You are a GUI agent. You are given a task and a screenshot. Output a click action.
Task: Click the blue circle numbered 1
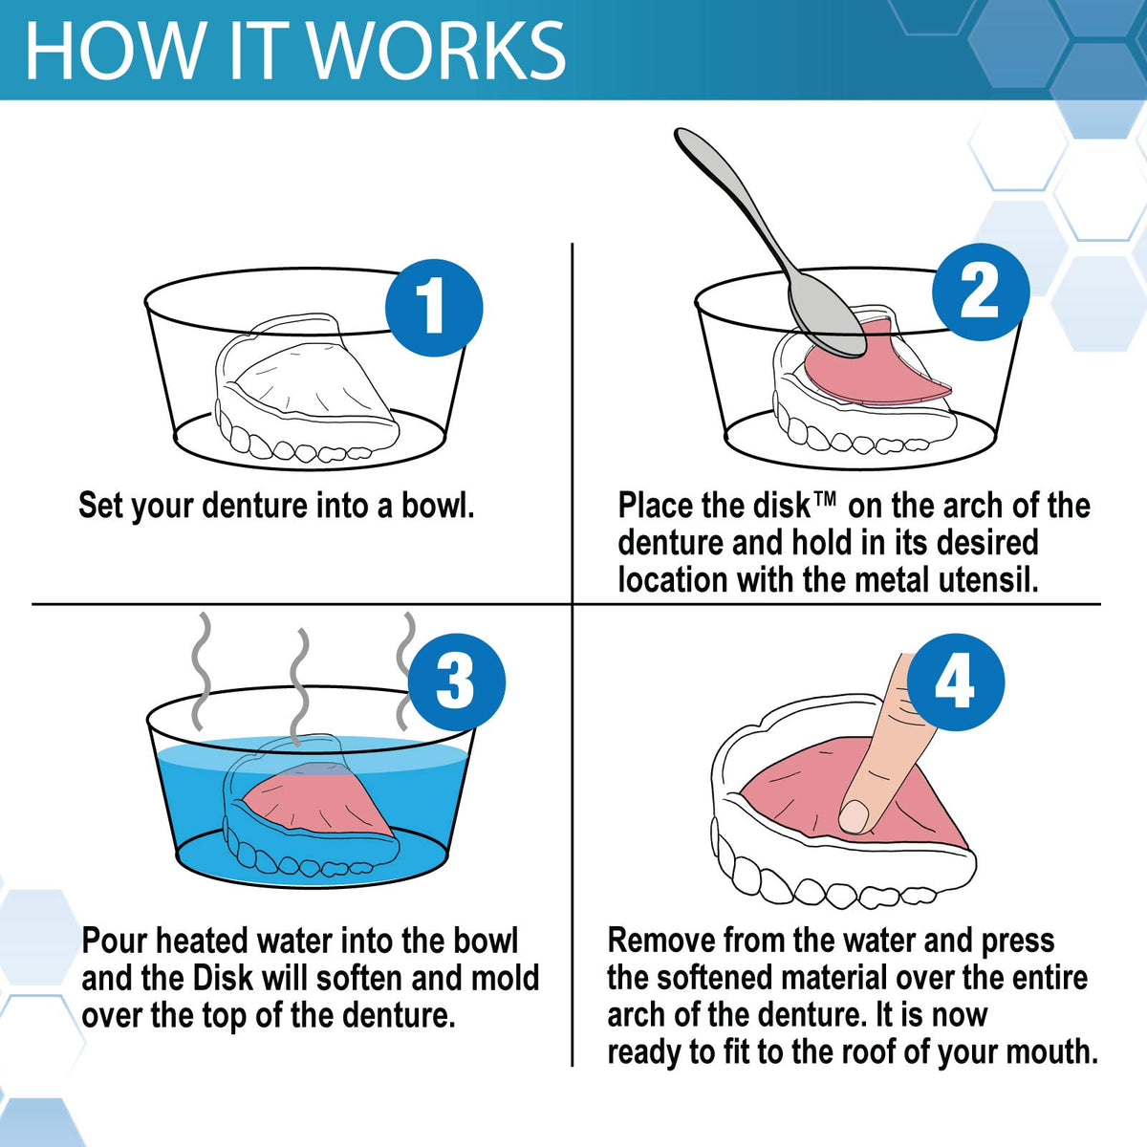pyautogui.click(x=434, y=308)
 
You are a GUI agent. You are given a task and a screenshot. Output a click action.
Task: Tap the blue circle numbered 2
pyautogui.click(x=981, y=292)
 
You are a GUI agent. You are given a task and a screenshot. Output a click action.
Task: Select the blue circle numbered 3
pyautogui.click(x=457, y=681)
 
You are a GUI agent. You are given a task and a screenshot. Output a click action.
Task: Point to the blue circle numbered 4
pyautogui.click(x=956, y=682)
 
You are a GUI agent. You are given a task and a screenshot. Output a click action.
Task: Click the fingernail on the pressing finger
pyautogui.click(x=855, y=816)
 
